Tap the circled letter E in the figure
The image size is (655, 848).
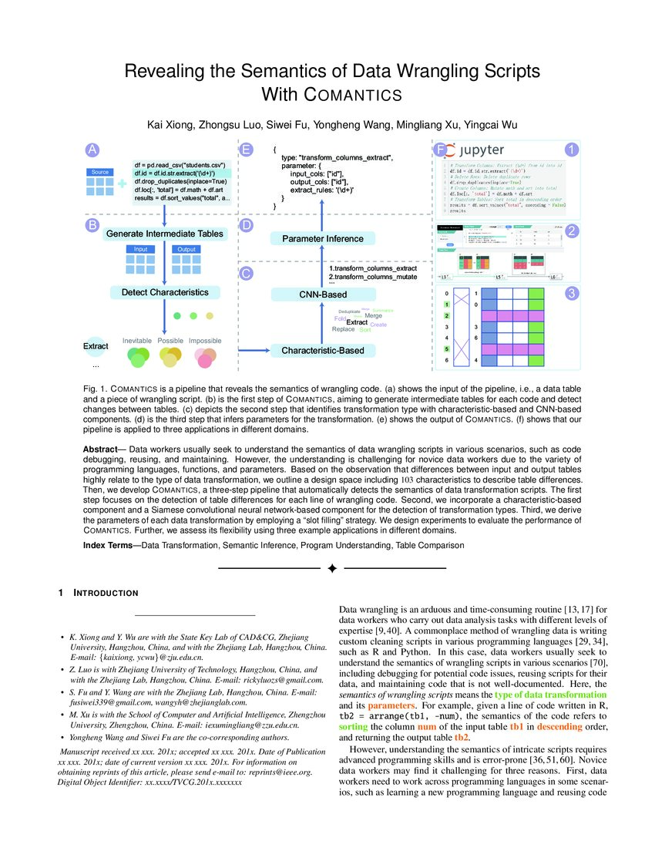tap(247, 150)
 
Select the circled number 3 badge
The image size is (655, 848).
tap(572, 294)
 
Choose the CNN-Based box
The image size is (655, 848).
tap(323, 294)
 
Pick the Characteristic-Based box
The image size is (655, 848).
tap(323, 351)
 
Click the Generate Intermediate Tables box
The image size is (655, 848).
tap(164, 234)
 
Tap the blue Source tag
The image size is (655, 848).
tap(99, 172)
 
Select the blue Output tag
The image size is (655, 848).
tap(186, 249)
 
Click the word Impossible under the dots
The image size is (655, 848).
tap(205, 341)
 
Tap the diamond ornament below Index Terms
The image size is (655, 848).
tap(332, 568)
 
